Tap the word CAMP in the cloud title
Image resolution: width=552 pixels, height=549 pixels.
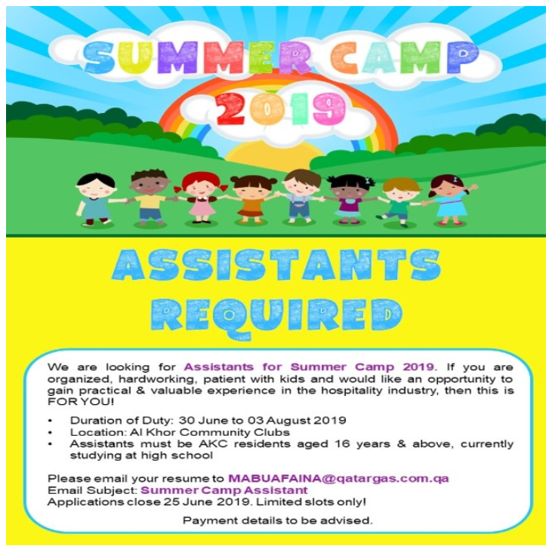pos(404,59)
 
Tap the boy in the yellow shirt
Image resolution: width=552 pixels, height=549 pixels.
pos(150,198)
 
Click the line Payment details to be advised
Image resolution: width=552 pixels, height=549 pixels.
pos(277,520)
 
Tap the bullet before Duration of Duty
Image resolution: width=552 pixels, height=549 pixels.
pos(51,420)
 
